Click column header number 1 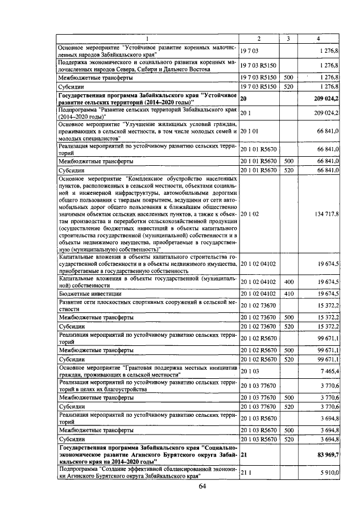(147, 39)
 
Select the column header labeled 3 (288, 39)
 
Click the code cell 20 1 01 (250, 132)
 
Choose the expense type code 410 (288, 294)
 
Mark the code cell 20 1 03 (250, 370)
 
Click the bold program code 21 (244, 455)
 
